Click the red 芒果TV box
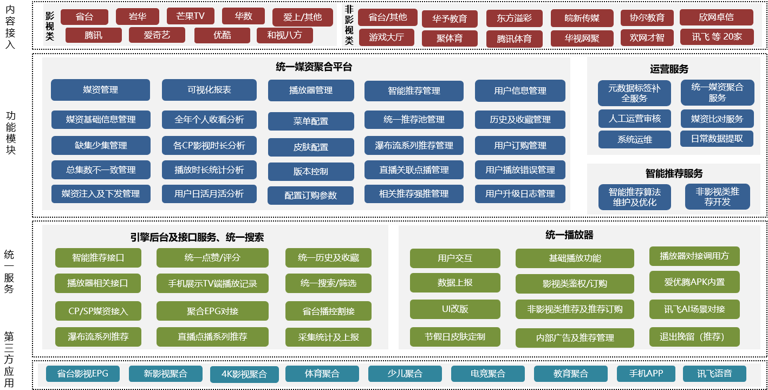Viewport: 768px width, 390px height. tap(190, 16)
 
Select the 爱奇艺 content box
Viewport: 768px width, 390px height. tap(157, 35)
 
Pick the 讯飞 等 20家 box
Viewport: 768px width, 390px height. tap(716, 37)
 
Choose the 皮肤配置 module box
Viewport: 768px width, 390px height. tap(310, 146)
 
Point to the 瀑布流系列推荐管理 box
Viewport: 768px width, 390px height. tap(414, 145)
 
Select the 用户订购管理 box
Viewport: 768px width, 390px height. tap(520, 145)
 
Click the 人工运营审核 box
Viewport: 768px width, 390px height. tap(634, 118)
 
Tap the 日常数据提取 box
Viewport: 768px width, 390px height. tap(717, 139)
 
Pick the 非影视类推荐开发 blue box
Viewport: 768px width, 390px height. tap(717, 197)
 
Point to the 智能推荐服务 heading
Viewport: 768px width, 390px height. tap(674, 173)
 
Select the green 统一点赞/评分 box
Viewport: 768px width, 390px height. tap(212, 258)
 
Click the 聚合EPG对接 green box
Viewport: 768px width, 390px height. tap(212, 311)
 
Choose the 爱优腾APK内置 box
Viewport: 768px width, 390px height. tap(694, 282)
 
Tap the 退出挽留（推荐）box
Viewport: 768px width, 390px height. tap(694, 337)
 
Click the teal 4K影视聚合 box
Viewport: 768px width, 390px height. tap(245, 374)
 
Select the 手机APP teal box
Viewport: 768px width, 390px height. tap(646, 374)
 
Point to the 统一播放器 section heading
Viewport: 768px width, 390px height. tap(569, 235)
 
